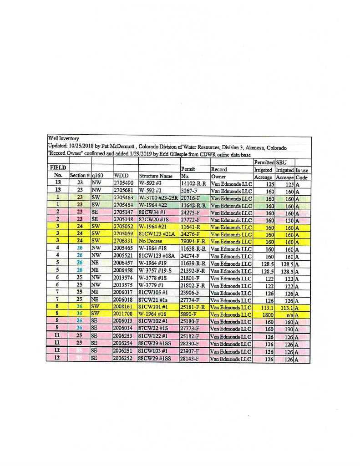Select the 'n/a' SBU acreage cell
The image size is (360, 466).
tap(286, 315)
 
